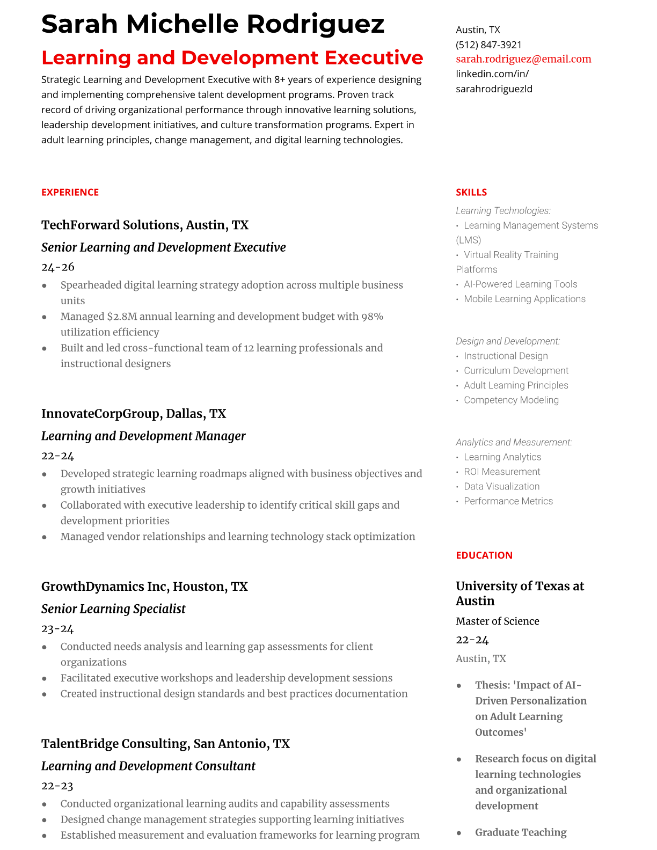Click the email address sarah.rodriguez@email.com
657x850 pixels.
point(523,59)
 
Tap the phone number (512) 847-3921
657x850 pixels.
point(488,45)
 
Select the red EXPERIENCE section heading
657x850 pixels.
point(70,192)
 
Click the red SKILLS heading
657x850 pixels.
point(471,192)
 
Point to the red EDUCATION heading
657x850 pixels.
point(484,555)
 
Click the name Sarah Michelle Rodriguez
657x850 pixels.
point(213,24)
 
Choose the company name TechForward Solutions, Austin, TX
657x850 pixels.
point(145,225)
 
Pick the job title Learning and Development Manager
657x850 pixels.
point(143,436)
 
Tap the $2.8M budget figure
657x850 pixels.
point(122,317)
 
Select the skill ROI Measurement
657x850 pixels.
point(502,472)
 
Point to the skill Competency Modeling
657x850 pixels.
point(511,400)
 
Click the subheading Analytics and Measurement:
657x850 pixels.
point(514,442)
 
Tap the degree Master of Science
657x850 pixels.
point(497,621)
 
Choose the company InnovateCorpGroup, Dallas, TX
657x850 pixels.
point(134,414)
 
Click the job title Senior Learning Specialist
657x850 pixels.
point(113,609)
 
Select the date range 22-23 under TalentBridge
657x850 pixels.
point(57,786)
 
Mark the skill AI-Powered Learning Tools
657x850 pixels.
point(520,284)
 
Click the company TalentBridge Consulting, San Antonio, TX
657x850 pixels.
point(165,744)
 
